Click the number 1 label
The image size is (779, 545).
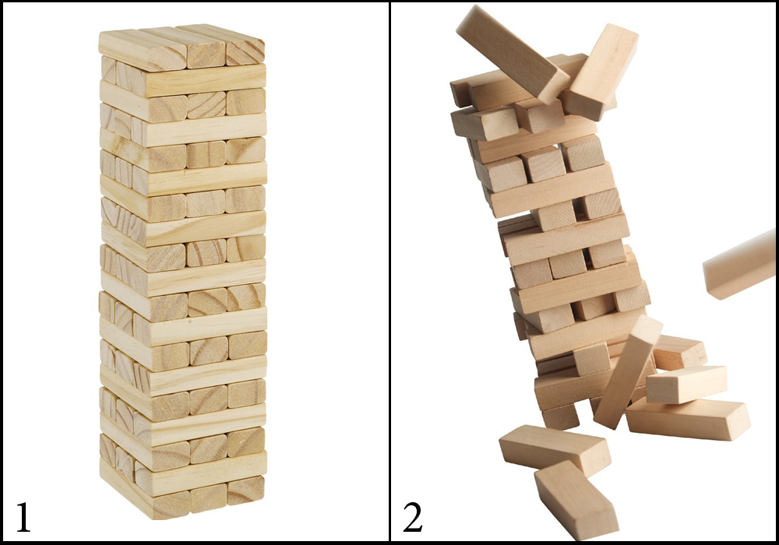[x=23, y=517]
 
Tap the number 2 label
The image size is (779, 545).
[x=412, y=517]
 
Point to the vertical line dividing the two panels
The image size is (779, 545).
[x=389, y=272]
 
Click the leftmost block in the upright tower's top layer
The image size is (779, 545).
[x=143, y=51]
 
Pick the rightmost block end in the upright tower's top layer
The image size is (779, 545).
[x=245, y=53]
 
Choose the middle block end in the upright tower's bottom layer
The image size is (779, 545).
[x=208, y=498]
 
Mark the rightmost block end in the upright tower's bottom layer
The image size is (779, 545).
[x=246, y=490]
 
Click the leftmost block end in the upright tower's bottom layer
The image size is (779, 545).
[x=171, y=506]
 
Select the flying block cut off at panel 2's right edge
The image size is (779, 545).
[x=740, y=265]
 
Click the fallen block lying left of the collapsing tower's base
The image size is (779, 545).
[x=555, y=448]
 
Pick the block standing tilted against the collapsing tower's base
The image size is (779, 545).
[x=628, y=371]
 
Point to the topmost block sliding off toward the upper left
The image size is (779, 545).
[x=513, y=54]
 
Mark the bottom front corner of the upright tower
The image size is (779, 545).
[x=153, y=519]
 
